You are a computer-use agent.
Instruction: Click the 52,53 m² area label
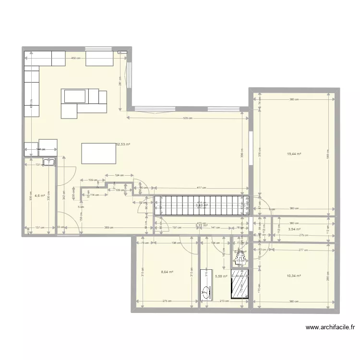tap(123, 144)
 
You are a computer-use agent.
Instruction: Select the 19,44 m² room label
tap(294, 154)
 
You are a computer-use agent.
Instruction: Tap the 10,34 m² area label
tap(293, 276)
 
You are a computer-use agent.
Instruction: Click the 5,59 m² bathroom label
tap(221, 276)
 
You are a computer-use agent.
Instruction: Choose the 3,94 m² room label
tap(294, 229)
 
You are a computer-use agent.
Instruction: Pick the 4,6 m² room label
tap(40, 196)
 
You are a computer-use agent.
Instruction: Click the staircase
tap(202, 205)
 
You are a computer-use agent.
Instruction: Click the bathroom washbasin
tap(206, 291)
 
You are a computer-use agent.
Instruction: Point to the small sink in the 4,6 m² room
tap(49, 162)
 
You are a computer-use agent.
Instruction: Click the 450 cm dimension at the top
tap(75, 58)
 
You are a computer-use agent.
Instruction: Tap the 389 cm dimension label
tap(109, 228)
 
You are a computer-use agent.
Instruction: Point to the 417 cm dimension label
tap(201, 188)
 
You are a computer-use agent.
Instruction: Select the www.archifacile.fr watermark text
tap(331, 328)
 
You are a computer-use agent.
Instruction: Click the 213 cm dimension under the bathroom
tap(224, 301)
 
